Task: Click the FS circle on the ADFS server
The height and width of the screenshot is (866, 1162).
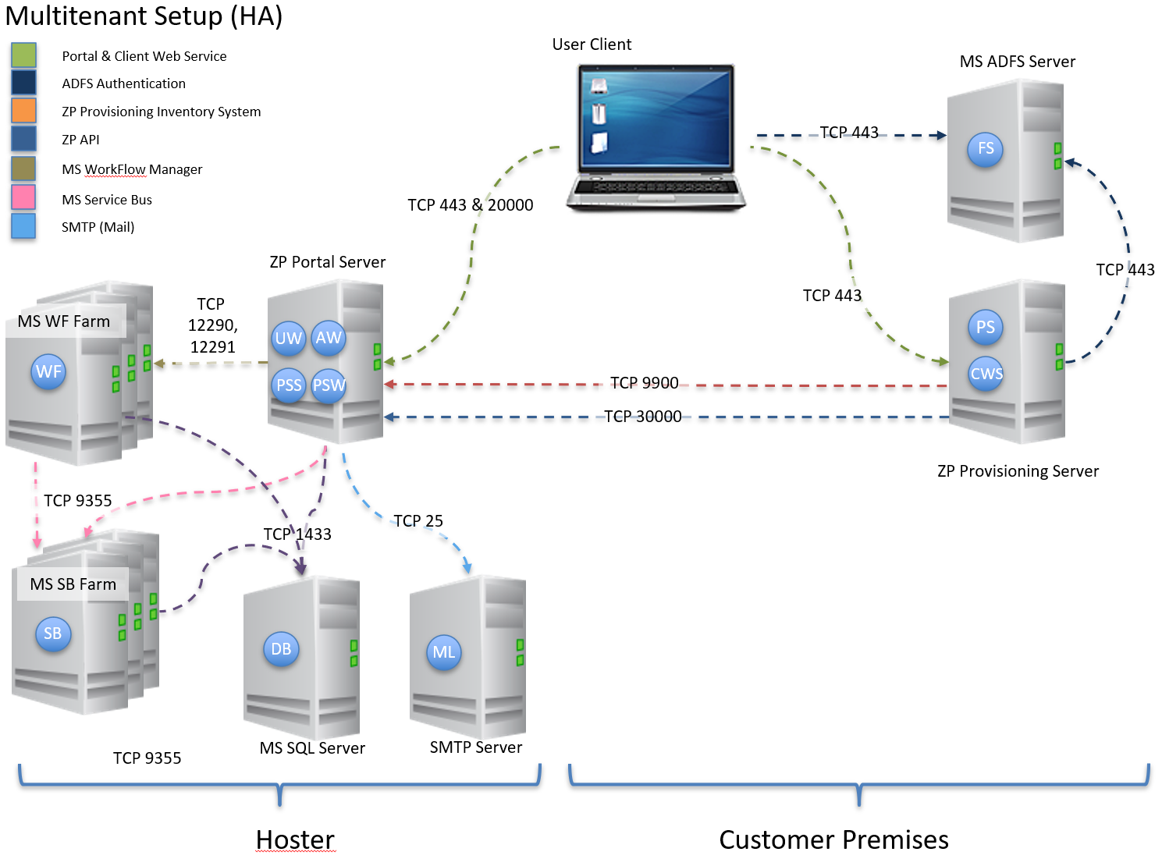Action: click(986, 149)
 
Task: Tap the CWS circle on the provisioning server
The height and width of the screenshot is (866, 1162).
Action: click(986, 374)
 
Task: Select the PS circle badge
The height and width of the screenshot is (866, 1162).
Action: click(986, 328)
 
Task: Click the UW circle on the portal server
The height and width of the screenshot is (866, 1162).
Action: click(288, 339)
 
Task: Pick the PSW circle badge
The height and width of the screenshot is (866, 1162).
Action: click(329, 385)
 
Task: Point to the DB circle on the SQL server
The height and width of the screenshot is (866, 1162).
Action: click(281, 649)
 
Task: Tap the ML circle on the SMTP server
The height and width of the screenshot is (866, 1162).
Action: click(443, 652)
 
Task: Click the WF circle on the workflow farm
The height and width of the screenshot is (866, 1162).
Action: click(48, 372)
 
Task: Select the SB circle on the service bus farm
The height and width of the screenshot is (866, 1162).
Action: click(52, 634)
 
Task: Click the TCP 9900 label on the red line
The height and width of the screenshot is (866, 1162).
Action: click(644, 383)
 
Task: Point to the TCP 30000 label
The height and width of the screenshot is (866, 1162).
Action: click(643, 417)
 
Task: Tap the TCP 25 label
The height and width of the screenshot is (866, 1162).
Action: click(418, 520)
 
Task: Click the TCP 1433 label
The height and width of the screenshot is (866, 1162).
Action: click(297, 534)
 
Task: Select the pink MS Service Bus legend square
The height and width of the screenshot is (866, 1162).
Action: click(23, 197)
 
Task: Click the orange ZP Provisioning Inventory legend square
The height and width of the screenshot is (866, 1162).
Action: click(23, 110)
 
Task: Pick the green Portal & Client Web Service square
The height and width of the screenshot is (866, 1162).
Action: click(23, 55)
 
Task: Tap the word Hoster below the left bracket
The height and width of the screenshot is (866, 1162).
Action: click(295, 839)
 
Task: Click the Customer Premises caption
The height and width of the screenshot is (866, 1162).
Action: click(833, 839)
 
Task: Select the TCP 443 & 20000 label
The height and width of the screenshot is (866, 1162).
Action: click(470, 205)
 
